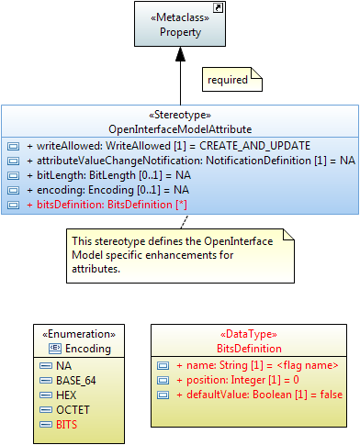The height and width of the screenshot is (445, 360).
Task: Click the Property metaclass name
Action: [180, 31]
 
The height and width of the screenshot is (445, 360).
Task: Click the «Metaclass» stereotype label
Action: [180, 17]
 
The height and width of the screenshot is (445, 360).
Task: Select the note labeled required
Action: [228, 80]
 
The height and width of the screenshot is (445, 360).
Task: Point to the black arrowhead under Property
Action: [180, 57]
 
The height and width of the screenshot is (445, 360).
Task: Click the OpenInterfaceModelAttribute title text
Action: [180, 129]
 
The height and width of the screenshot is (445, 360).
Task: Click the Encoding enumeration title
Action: [84, 349]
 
